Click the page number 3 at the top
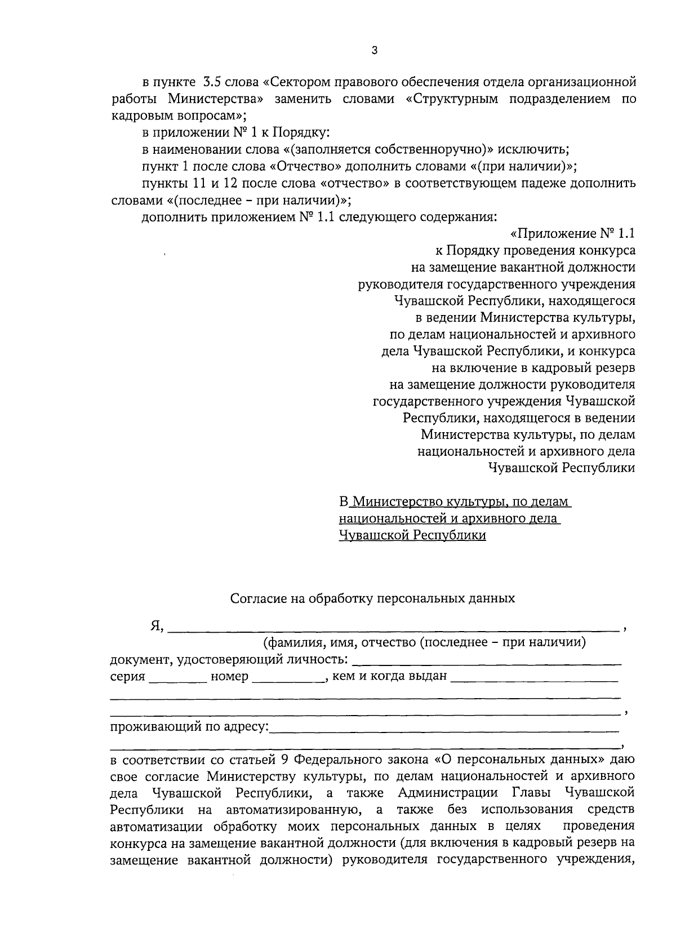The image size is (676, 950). click(x=375, y=51)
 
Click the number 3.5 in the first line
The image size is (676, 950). click(x=212, y=82)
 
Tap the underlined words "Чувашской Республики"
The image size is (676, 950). click(x=412, y=535)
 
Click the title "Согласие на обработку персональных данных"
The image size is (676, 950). click(x=372, y=598)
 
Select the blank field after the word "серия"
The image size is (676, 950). click(x=177, y=677)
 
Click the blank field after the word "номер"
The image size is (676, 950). click(x=286, y=677)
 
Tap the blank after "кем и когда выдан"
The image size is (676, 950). click(x=534, y=677)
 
